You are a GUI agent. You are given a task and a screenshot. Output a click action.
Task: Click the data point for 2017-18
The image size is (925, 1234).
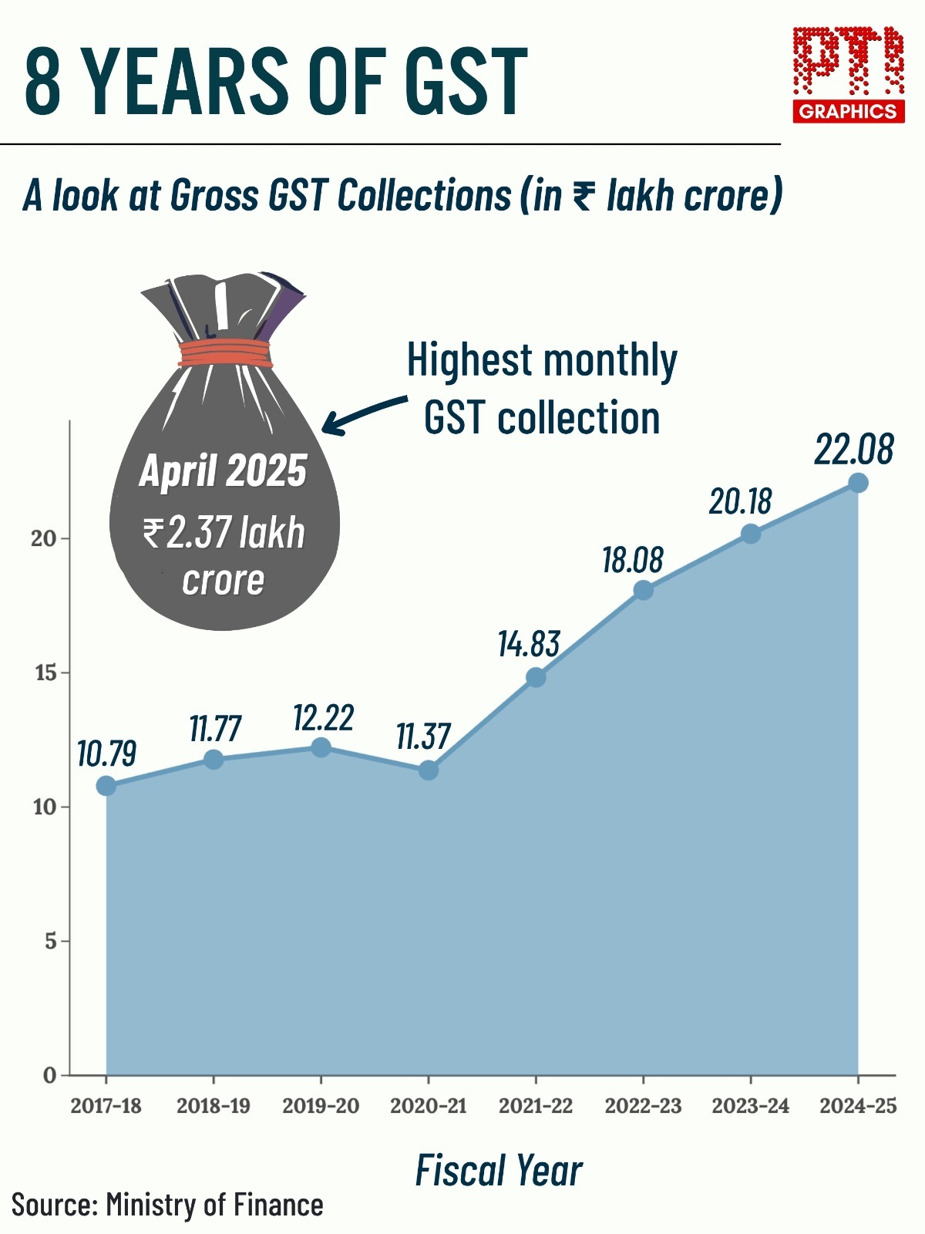coord(106,786)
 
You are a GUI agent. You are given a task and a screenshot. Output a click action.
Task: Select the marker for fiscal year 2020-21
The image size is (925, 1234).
coord(429,770)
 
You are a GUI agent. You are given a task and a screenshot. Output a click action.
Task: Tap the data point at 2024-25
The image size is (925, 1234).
coord(858,483)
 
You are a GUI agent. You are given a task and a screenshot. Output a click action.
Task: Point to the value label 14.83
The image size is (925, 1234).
coord(529,644)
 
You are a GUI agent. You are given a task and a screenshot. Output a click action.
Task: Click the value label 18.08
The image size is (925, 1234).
coord(633,560)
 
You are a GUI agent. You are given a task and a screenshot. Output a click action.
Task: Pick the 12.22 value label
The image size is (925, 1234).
coord(323,718)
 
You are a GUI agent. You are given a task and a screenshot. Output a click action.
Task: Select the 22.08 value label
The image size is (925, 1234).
coord(854,450)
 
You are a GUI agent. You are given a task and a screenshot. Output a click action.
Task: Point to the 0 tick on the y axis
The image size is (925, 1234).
coord(50,1075)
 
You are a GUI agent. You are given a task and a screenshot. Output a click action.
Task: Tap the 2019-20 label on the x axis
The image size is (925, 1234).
coord(321,1106)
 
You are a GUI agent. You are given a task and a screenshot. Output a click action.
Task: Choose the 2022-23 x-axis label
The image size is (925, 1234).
coord(643,1106)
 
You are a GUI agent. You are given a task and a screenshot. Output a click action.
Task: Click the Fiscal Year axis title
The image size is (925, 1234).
coord(499,1170)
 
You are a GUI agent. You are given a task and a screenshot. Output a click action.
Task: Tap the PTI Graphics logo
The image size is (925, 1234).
coord(849,75)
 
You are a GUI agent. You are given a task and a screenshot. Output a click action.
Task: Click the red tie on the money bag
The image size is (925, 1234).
coord(225,354)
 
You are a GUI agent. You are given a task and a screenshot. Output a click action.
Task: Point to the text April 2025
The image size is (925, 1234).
coord(224,470)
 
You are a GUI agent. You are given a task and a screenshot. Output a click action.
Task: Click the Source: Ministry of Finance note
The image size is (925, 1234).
coord(167,1205)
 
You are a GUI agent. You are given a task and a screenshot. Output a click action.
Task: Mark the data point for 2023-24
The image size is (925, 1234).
coord(750,534)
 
